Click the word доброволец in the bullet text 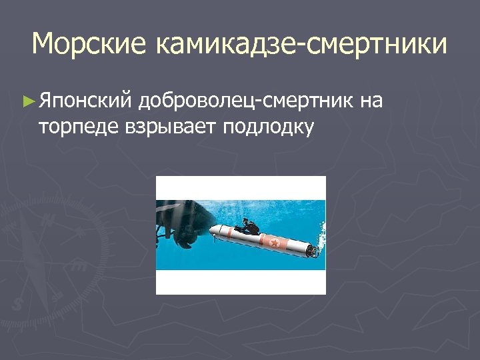(x=199, y=101)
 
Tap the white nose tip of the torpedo (x=212, y=230)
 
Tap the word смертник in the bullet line (x=307, y=101)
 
